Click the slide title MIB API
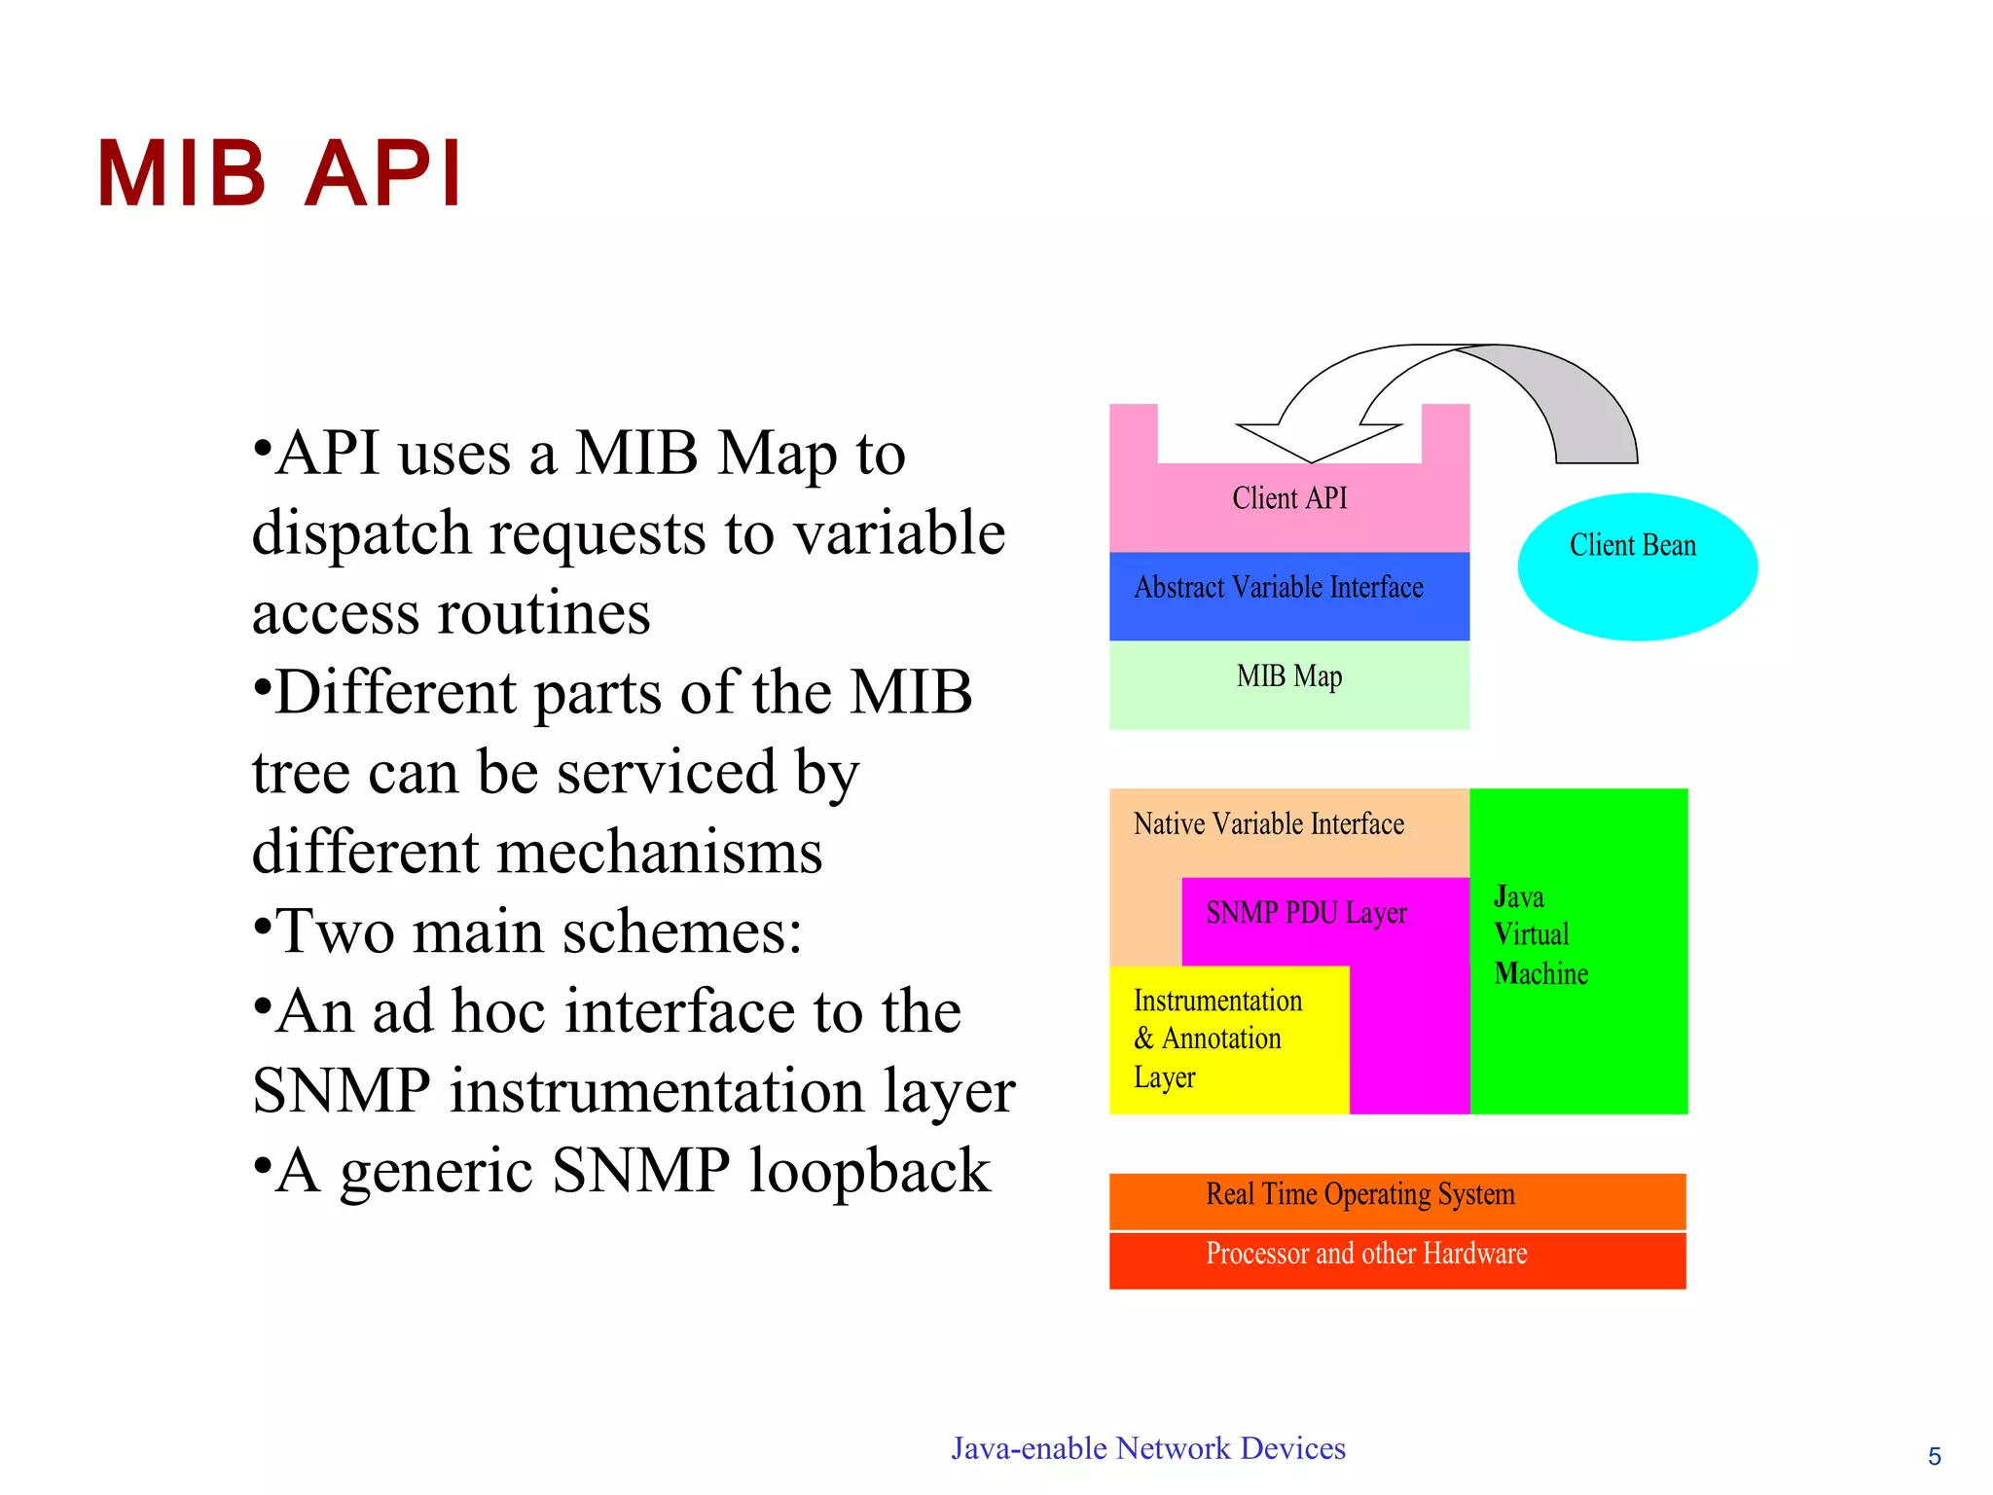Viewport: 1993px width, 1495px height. (x=279, y=174)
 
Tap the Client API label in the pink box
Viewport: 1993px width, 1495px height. (x=1289, y=498)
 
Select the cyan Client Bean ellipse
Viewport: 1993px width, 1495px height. (x=1637, y=567)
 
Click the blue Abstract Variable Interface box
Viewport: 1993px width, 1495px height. (x=1288, y=596)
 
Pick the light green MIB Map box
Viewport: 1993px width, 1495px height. (x=1288, y=685)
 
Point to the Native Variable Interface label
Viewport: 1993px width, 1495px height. (x=1268, y=824)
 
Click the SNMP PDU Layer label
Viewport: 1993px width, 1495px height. (x=1306, y=913)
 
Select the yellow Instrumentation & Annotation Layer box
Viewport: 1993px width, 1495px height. (x=1228, y=1039)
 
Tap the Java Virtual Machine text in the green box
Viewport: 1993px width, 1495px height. (x=1540, y=934)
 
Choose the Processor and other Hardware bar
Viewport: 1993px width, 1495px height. (x=1396, y=1258)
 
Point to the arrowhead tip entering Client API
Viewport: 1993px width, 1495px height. (x=1310, y=460)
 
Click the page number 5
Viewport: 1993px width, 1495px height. (x=1934, y=1456)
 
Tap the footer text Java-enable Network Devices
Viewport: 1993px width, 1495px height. (x=1147, y=1448)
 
